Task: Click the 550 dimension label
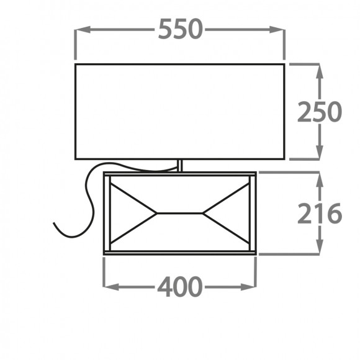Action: tap(180, 29)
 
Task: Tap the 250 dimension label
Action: tap(320, 112)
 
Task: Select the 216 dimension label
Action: tap(320, 214)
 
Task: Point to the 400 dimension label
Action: tap(180, 287)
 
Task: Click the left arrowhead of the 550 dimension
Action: tap(83, 29)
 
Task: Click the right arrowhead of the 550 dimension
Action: tap(277, 29)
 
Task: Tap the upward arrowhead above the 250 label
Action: tap(320, 71)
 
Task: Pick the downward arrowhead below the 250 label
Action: tap(320, 151)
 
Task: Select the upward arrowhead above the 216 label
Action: tap(320, 179)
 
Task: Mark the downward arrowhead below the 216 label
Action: tap(320, 246)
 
